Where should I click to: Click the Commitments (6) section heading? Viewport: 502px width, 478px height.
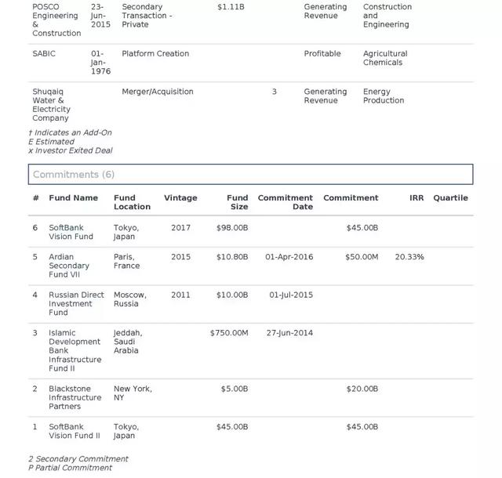pyautogui.click(x=74, y=174)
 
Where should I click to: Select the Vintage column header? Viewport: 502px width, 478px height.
pyautogui.click(x=180, y=197)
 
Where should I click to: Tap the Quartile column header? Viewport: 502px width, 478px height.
pyautogui.click(x=450, y=197)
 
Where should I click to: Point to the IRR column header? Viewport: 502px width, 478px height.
pyautogui.click(x=417, y=197)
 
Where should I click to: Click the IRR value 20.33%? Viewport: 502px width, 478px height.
pyautogui.click(x=409, y=256)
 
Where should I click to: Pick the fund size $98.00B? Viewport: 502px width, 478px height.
pyautogui.click(x=232, y=227)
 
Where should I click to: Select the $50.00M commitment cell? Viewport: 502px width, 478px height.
pyautogui.click(x=362, y=256)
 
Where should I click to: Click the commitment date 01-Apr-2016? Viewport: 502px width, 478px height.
pyautogui.click(x=289, y=256)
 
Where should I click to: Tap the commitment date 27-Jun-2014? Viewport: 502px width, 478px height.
pyautogui.click(x=289, y=332)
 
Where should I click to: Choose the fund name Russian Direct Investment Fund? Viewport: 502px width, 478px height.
pyautogui.click(x=76, y=303)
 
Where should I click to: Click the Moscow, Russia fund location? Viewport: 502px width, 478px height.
pyautogui.click(x=130, y=299)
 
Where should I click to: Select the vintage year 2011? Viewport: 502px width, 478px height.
pyautogui.click(x=180, y=295)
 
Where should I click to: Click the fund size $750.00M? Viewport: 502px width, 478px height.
pyautogui.click(x=229, y=332)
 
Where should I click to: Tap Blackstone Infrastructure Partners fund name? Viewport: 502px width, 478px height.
pyautogui.click(x=75, y=397)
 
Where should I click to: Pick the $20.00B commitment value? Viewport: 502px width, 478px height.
pyautogui.click(x=362, y=388)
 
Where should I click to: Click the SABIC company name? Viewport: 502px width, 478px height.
pyautogui.click(x=44, y=53)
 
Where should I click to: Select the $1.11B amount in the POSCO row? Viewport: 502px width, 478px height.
pyautogui.click(x=231, y=6)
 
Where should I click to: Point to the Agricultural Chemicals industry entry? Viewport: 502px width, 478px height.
pyautogui.click(x=385, y=58)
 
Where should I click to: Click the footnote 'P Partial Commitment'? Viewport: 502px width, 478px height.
pyautogui.click(x=70, y=468)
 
